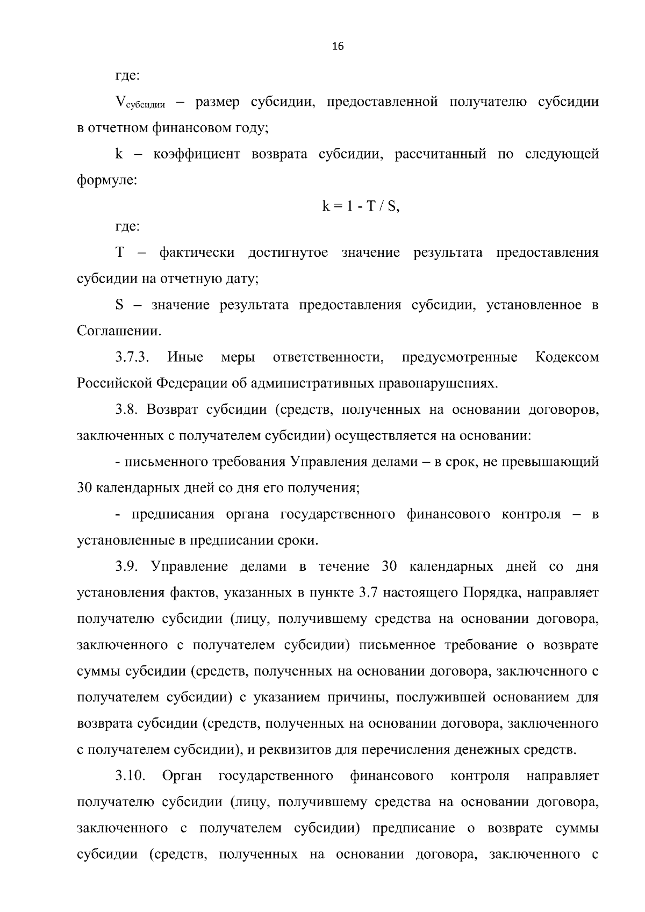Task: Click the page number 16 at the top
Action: (338, 46)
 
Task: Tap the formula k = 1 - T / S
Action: (361, 206)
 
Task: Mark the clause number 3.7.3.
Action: (132, 357)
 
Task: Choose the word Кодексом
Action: (567, 357)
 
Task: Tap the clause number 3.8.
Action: (127, 410)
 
